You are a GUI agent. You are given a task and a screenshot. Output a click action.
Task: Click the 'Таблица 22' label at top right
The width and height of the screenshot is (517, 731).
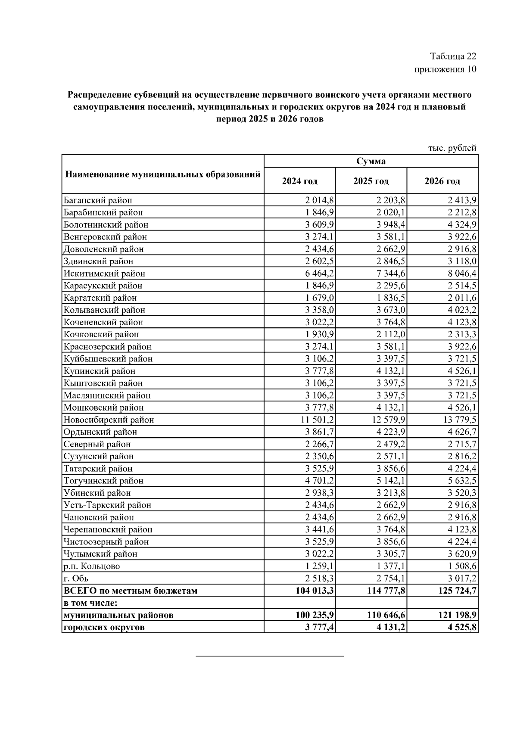[x=453, y=56]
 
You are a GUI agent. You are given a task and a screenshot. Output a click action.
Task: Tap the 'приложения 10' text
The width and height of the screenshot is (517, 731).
[x=445, y=69]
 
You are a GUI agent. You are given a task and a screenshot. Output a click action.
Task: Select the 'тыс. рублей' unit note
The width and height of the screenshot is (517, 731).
[x=452, y=148]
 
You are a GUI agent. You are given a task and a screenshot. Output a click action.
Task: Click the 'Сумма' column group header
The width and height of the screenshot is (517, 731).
[x=371, y=162]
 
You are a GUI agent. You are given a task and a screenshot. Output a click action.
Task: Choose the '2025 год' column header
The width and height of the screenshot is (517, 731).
[x=371, y=181]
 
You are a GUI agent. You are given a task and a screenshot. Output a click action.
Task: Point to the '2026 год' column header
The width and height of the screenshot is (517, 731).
[x=442, y=181]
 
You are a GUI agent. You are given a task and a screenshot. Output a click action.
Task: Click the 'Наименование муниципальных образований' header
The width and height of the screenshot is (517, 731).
[x=163, y=174]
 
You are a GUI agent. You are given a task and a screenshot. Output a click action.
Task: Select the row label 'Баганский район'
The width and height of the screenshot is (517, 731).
[x=98, y=200]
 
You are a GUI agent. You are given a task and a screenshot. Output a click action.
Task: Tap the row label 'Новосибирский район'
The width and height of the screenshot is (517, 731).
[x=109, y=420]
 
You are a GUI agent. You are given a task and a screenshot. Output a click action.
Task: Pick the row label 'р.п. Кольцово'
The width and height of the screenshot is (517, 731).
[x=92, y=566]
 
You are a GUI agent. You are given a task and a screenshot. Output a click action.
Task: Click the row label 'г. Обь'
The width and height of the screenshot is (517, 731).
[x=76, y=579]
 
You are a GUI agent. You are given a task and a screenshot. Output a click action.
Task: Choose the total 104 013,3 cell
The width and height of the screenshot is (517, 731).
[x=315, y=591]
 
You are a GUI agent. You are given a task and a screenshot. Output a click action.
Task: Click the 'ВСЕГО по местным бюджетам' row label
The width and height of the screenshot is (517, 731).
[x=130, y=591]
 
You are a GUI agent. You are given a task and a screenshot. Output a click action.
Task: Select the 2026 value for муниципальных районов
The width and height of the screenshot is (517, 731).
[x=458, y=615]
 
